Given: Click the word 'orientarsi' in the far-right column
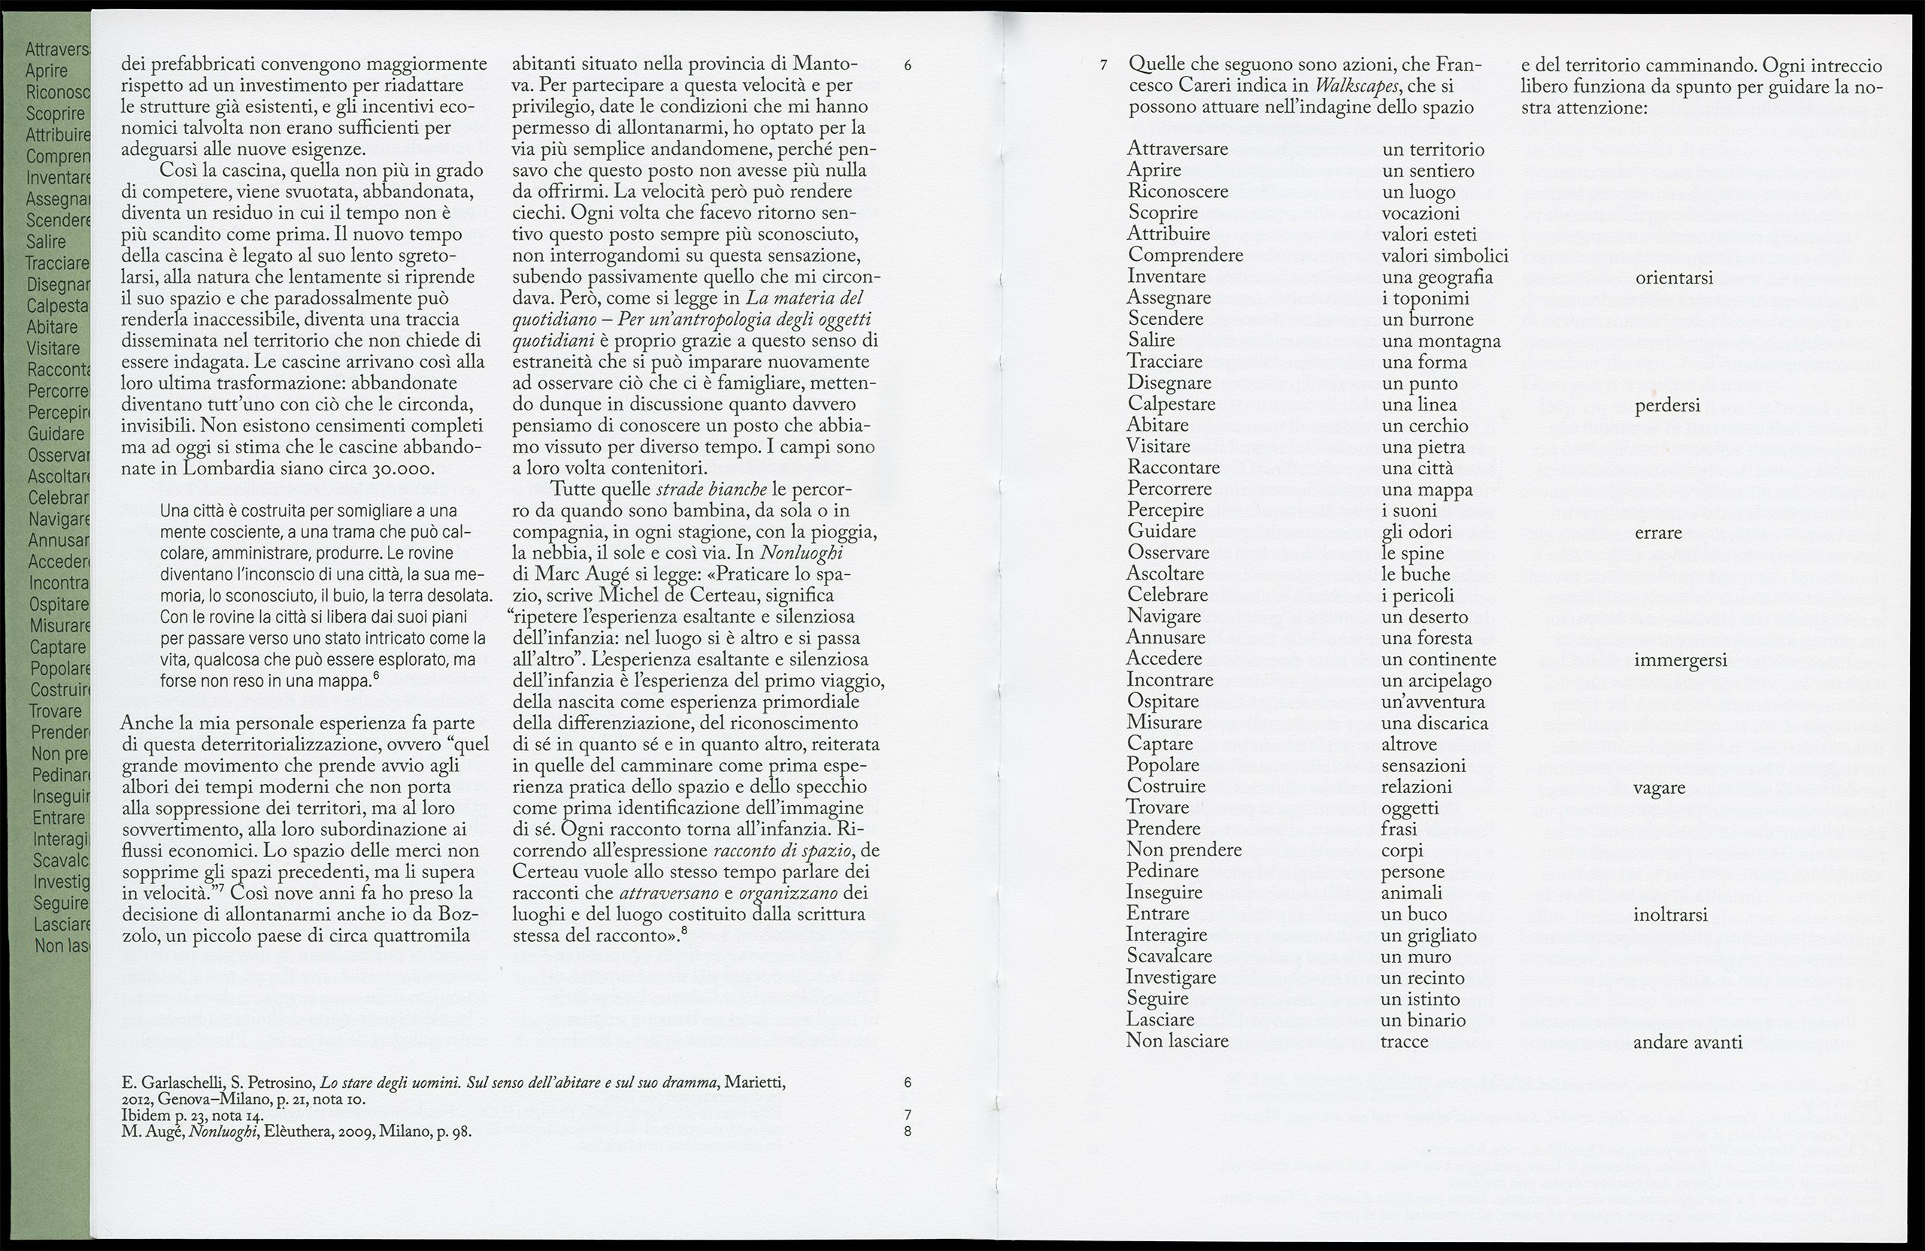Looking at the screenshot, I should click(1673, 278).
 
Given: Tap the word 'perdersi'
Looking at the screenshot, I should click(1667, 406).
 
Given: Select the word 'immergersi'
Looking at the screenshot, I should click(1680, 661).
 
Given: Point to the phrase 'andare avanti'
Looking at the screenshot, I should click(1687, 1042).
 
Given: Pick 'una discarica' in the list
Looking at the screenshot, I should click(1435, 723).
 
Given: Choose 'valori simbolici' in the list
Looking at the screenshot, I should click(1445, 256).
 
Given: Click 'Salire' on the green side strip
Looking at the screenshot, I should click(46, 242).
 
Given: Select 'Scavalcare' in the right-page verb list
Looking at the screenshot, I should click(1169, 956).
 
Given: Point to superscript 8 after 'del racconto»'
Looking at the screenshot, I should click(684, 931).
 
